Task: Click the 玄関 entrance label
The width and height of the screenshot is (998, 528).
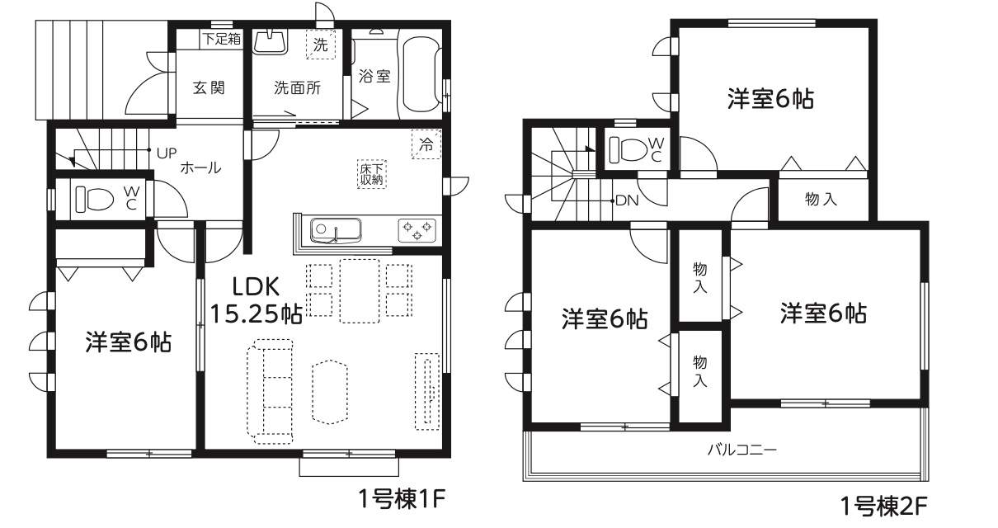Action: (x=209, y=87)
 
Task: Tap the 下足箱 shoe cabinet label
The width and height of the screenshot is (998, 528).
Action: (x=222, y=39)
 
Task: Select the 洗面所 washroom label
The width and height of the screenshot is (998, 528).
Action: (x=297, y=87)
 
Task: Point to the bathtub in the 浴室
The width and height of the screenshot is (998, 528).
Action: (x=421, y=73)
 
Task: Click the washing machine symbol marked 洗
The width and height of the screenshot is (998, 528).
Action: (x=320, y=44)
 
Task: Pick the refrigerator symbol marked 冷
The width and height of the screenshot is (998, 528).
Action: (x=426, y=144)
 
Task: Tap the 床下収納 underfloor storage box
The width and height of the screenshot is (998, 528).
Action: (x=372, y=174)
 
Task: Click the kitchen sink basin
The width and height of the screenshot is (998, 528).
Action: (x=336, y=230)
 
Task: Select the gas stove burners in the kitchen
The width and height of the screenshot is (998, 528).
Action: (x=417, y=231)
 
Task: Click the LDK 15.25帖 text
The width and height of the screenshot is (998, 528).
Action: (x=256, y=299)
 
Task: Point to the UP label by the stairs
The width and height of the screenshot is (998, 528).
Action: (x=167, y=153)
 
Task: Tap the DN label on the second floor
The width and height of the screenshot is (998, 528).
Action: (x=627, y=200)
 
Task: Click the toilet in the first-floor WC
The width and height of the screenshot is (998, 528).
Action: (x=94, y=199)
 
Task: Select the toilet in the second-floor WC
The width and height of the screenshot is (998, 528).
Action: (x=628, y=148)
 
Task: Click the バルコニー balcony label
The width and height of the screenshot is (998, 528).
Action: (x=742, y=450)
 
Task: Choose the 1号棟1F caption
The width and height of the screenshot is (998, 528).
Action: (x=402, y=498)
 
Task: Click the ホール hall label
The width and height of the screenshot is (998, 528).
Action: (x=200, y=167)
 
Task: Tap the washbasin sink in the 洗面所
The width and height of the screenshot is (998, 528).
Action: (x=271, y=42)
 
